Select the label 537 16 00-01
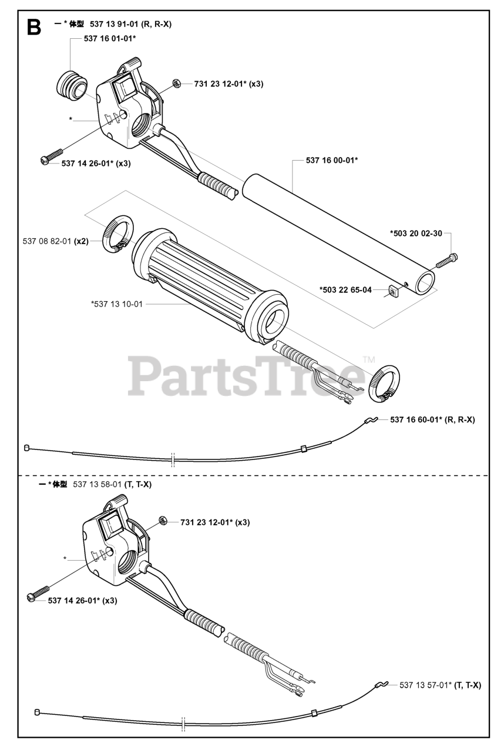point(332,159)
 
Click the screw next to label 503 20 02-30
point(447,258)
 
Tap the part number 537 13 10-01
point(117,304)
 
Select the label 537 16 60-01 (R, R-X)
point(432,419)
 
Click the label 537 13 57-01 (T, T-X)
point(440,685)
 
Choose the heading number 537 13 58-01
point(98,484)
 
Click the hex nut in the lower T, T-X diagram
point(164,521)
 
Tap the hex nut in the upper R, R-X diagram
point(177,84)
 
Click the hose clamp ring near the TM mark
point(384,384)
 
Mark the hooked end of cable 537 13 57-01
point(380,685)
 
